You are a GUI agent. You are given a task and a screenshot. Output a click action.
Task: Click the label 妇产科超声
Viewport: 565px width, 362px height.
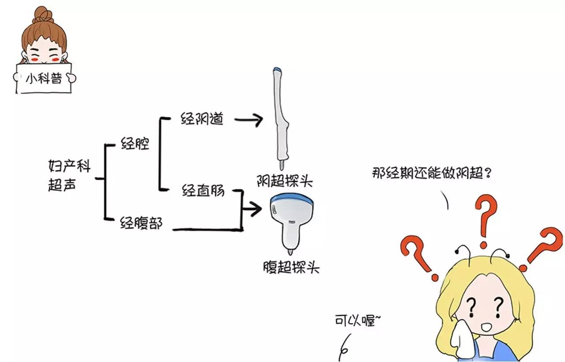pos(69,176)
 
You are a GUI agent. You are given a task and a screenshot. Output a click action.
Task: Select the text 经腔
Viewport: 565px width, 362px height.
pos(135,144)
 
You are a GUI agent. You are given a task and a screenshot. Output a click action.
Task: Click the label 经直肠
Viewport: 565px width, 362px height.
pos(203,191)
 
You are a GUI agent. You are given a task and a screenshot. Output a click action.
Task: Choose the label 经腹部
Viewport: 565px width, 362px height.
pos(141,225)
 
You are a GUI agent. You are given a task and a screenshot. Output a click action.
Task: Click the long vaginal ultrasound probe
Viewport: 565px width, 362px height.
pos(281,119)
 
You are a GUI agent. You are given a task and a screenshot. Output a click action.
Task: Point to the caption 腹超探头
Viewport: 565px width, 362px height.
pos(290,268)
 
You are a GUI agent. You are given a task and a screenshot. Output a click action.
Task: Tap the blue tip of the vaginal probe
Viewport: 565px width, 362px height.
pos(278,70)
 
